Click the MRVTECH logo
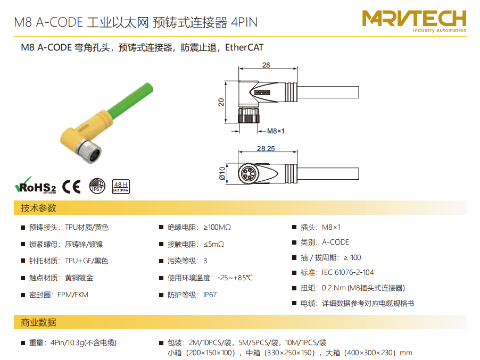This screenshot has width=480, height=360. pos(414,21)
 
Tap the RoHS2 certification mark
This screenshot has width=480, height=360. pos(36,186)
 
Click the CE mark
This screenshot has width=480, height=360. pos(71,186)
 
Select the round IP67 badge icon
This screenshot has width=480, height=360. pos(97,186)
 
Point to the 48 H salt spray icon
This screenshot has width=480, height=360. pos(121,187)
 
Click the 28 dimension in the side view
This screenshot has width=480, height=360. pos(266,65)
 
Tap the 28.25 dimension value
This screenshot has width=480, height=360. pos(266,149)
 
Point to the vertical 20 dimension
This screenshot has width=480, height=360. pos(221,102)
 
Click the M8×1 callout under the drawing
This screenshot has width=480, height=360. pos(276,131)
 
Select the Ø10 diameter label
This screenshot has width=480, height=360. pos(222,173)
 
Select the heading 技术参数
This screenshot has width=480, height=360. pos(38,208)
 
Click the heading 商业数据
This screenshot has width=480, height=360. pos(38,322)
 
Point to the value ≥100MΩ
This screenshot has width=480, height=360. pos(217,227)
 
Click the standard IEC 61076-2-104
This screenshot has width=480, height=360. pos(347,272)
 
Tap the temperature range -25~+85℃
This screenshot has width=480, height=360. pos(235,278)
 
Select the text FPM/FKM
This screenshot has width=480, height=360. pos(73,295)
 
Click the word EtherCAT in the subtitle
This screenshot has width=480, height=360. pos(244,47)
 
